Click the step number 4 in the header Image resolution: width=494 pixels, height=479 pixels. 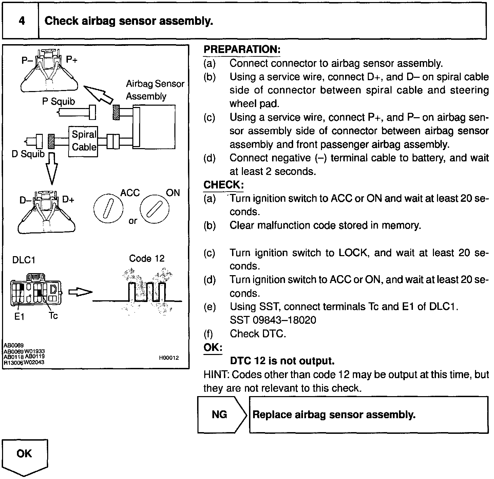21,21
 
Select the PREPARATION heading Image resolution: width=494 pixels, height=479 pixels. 242,50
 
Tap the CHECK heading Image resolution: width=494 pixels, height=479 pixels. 223,185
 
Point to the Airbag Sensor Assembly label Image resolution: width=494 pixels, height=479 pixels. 155,90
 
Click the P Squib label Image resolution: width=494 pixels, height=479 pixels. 58,102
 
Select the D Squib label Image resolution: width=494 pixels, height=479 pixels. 28,154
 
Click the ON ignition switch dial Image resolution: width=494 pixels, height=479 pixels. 154,208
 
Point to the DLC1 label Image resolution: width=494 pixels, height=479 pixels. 24,260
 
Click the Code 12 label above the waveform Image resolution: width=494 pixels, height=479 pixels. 147,259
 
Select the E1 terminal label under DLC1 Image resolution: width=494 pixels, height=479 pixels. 19,317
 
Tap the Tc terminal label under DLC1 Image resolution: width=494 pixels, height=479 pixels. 53,316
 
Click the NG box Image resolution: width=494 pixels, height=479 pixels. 220,414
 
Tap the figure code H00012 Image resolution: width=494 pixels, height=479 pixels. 169,358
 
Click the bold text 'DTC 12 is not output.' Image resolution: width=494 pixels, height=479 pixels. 282,361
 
